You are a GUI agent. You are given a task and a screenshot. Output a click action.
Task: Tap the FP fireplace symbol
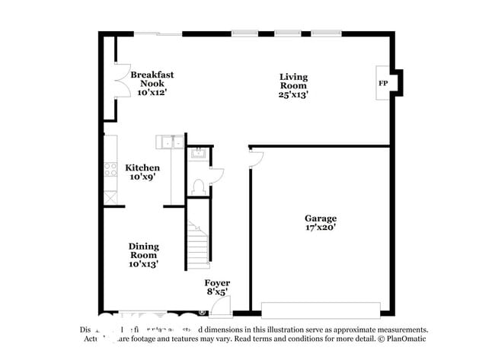pyautogui.click(x=383, y=82)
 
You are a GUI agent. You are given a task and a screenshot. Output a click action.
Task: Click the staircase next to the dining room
pyautogui.click(x=198, y=245)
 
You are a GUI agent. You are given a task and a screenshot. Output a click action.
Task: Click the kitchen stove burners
pyautogui.click(x=110, y=170)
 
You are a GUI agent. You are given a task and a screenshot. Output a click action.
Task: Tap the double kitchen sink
pyautogui.click(x=170, y=141)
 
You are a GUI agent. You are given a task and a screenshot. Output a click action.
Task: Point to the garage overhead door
pyautogui.click(x=320, y=309)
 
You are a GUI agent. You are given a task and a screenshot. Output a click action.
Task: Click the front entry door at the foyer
pyautogui.click(x=220, y=307)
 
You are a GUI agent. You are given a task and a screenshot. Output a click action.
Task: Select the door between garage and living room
pyautogui.click(x=256, y=158)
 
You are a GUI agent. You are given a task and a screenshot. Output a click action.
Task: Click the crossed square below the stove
pyautogui.click(x=111, y=196)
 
